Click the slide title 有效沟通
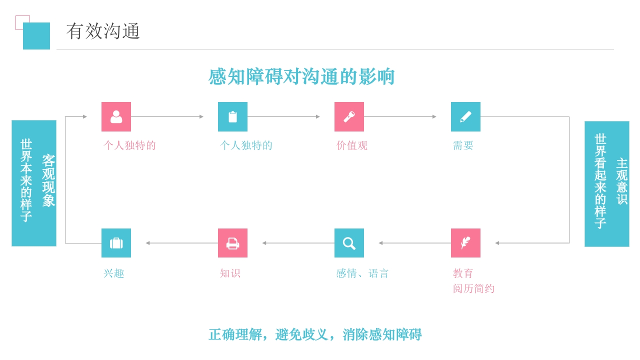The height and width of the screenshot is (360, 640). click(x=103, y=31)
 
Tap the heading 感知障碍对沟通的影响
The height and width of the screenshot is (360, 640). click(x=301, y=76)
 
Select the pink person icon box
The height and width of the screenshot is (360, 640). click(x=116, y=116)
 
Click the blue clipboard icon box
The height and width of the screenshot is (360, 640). click(x=232, y=116)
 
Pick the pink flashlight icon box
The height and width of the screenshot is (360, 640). click(x=349, y=116)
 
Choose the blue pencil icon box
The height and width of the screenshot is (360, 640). click(x=465, y=116)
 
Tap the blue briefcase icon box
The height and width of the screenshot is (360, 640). click(x=116, y=243)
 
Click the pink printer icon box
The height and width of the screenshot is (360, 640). click(x=232, y=243)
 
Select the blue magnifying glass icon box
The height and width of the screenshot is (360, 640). click(x=349, y=243)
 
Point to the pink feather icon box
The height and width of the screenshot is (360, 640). click(x=465, y=243)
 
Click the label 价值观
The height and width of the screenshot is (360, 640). click(x=352, y=145)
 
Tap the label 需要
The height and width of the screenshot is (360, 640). click(x=463, y=145)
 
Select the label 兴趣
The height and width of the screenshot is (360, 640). click(x=114, y=273)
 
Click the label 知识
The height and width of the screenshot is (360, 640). click(x=230, y=273)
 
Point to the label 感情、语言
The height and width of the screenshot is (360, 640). click(x=362, y=273)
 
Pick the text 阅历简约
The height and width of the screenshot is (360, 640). click(x=473, y=288)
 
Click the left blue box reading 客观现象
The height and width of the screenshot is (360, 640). click(x=34, y=183)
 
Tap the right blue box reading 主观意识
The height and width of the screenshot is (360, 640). click(x=606, y=183)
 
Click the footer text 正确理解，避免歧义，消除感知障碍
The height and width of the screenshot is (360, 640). click(x=315, y=334)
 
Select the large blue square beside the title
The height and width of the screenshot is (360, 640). click(x=36, y=36)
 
